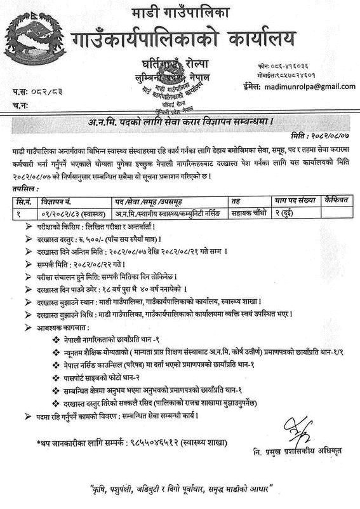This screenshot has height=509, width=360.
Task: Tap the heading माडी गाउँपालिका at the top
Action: [x=180, y=13]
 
